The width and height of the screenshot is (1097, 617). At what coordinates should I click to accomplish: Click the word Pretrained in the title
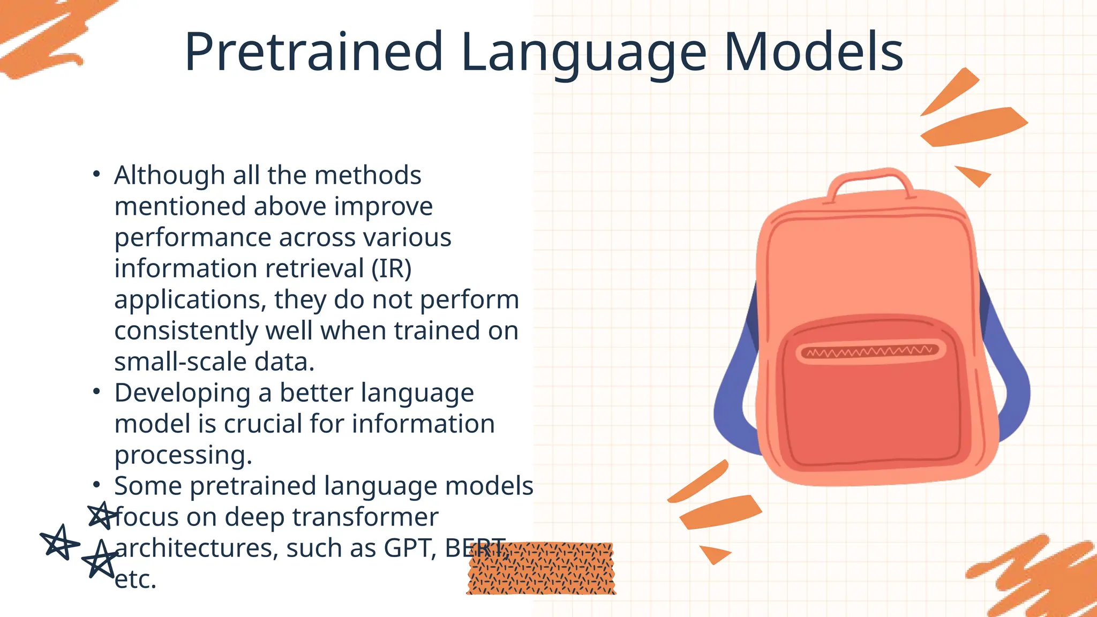point(313,52)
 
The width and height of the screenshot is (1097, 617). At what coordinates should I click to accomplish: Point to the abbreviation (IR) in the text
point(392,268)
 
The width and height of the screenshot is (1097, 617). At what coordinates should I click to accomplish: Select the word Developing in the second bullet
point(182,394)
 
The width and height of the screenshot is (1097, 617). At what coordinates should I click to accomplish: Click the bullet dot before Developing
point(96,392)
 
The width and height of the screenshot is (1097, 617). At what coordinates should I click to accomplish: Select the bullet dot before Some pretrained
point(96,485)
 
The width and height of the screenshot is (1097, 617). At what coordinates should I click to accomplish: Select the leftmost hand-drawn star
point(59,542)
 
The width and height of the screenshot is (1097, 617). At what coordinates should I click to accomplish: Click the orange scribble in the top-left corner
point(43,37)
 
